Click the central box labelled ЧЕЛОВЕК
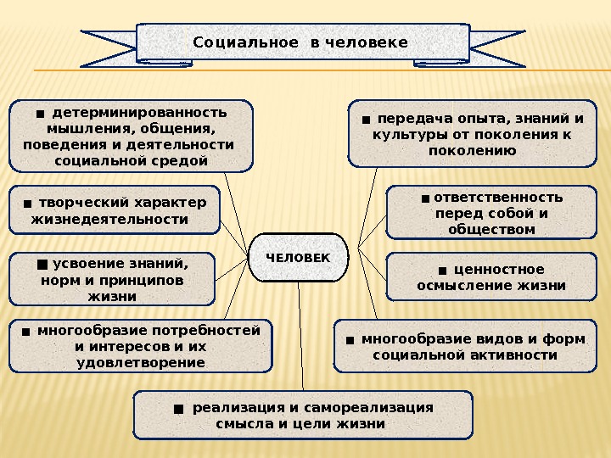299,257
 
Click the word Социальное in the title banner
245,42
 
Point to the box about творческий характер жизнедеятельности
115,210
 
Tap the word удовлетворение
140,362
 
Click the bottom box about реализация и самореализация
303,415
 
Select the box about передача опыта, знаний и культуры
473,134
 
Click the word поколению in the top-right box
473,150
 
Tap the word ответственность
498,198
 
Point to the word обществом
492,229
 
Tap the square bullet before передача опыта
365,120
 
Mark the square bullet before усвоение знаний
42,264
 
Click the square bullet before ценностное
442,271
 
